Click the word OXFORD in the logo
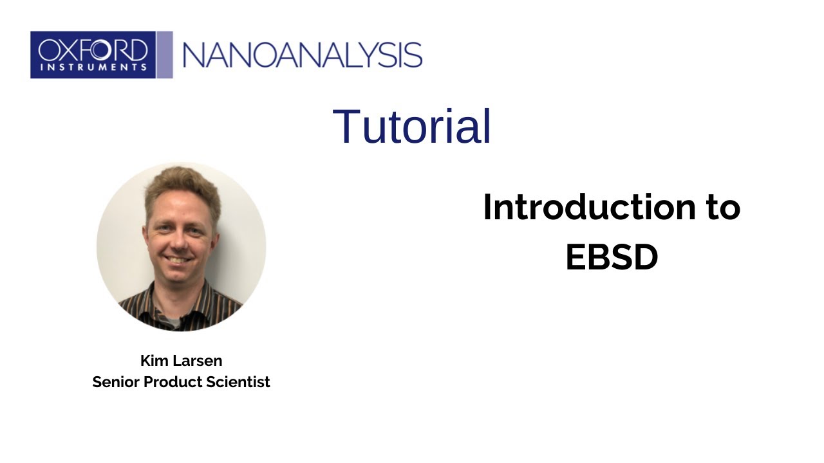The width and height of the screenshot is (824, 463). point(93,50)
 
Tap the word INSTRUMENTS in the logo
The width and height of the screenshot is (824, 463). point(93,66)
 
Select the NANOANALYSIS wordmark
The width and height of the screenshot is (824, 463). point(303,55)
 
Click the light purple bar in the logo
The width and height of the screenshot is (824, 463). point(165,55)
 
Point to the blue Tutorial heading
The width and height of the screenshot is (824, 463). point(412,126)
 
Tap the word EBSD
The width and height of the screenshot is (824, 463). point(612,257)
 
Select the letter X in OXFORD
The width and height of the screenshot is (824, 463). point(69,50)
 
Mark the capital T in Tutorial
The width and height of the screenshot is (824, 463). point(345,126)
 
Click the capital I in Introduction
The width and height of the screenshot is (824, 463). point(487,208)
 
